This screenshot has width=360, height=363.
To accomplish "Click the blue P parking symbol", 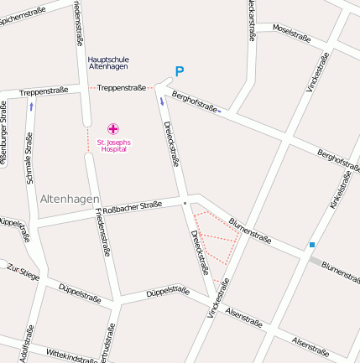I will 179,72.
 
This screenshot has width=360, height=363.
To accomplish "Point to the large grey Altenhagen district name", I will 69,199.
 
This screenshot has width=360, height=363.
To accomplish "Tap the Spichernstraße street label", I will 24,13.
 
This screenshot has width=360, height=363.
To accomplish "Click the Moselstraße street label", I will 292,33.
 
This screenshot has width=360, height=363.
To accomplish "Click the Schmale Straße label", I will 29,158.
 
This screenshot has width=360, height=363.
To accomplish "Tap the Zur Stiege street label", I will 23,271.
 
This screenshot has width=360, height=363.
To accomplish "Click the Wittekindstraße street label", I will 72,355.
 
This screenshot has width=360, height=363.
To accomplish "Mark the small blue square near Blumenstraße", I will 312,245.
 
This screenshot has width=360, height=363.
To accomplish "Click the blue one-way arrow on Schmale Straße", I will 31,106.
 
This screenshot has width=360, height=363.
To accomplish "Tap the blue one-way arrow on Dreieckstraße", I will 162,101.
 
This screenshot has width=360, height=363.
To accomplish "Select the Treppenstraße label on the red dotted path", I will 122,87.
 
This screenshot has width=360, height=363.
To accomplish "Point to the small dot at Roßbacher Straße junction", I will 184,202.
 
